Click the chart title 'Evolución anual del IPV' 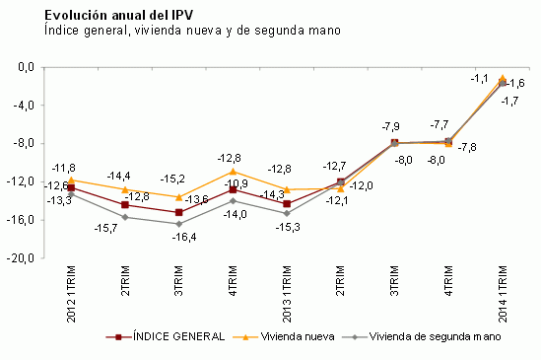(109, 16)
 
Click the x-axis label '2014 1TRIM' (503, 292)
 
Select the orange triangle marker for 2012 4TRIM (233, 171)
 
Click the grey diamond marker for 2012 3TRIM (178, 224)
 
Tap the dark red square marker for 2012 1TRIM (71, 187)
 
